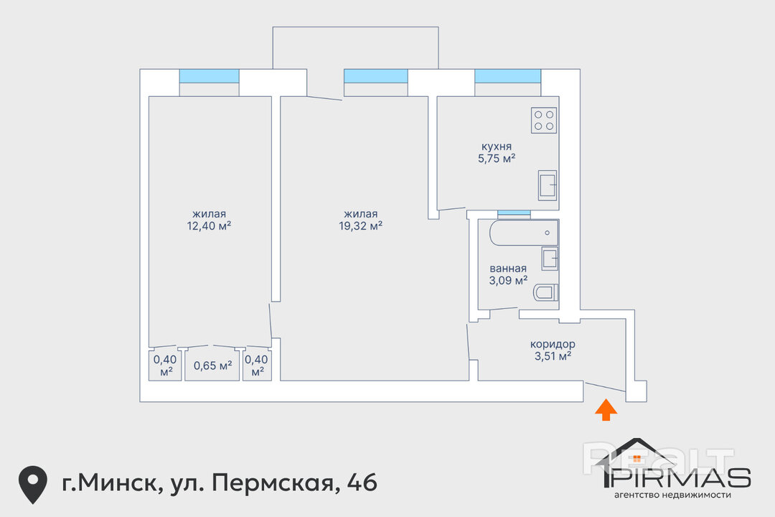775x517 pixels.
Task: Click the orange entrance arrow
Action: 606,410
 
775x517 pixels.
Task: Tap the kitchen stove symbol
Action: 544,120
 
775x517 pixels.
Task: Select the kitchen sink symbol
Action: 547,185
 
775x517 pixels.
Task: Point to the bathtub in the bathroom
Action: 524,233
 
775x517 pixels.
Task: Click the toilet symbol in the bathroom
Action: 546,292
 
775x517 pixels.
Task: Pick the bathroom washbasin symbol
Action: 550,258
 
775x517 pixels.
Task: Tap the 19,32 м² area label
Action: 360,226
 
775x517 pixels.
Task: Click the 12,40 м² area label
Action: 209,226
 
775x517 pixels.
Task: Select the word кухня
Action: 497,146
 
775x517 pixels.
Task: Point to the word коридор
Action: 553,345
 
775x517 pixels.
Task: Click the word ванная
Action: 508,269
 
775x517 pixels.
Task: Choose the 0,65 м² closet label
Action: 213,366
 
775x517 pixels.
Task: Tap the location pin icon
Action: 32,484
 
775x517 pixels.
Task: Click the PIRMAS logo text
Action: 678,478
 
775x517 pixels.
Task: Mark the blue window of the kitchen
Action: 507,76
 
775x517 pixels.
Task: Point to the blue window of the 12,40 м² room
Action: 209,76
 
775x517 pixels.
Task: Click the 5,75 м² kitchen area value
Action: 497,159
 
